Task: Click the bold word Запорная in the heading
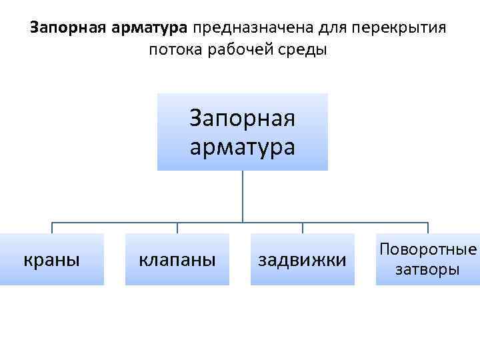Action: click(60, 29)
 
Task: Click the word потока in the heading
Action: click(175, 50)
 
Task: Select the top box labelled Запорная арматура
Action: click(242, 131)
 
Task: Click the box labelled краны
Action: click(52, 259)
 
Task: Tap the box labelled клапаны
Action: click(177, 259)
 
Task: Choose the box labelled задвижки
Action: click(302, 259)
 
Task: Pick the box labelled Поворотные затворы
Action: click(427, 259)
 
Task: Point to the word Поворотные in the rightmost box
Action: click(428, 249)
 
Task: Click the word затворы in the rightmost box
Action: click(428, 269)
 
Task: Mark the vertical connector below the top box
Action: click(242, 195)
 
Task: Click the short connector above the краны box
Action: click(52, 227)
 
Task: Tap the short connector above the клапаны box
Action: click(177, 227)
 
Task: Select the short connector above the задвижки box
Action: click(303, 227)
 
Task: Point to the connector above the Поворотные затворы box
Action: click(428, 227)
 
